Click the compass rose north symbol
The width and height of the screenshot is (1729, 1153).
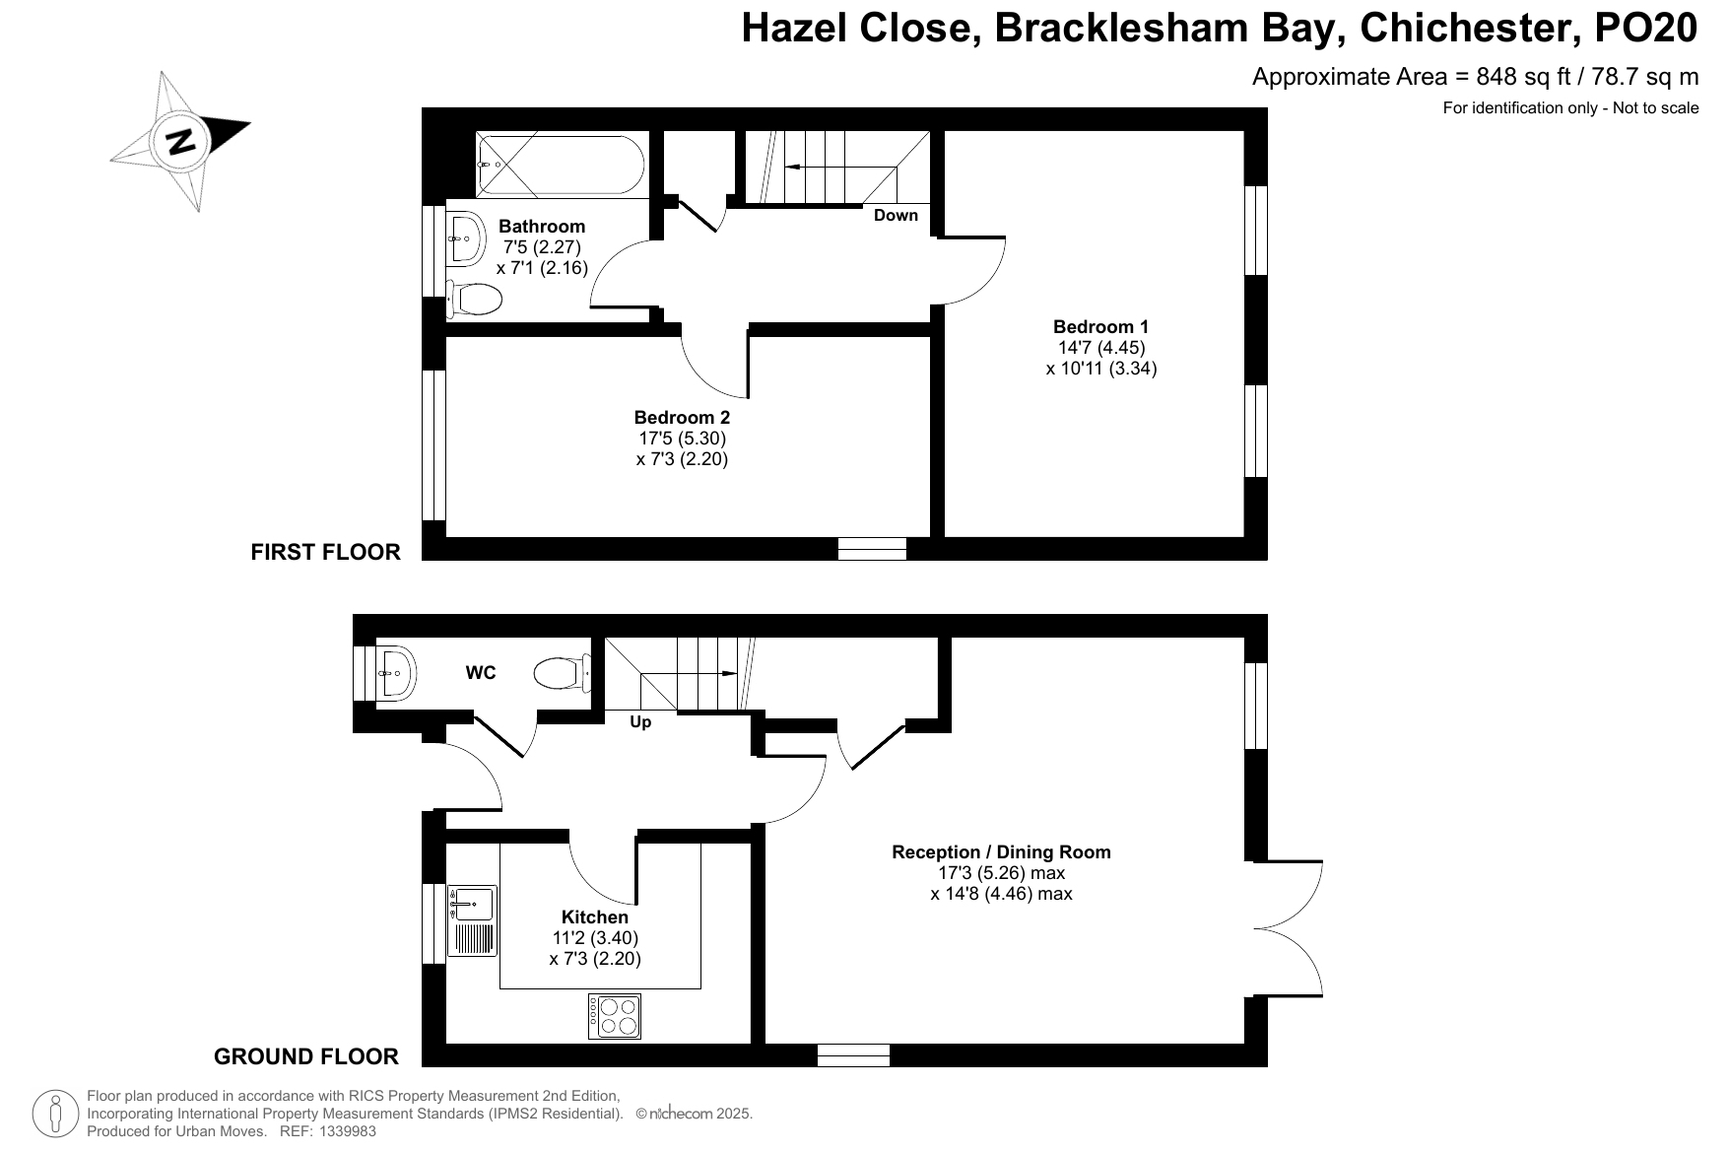pyautogui.click(x=180, y=140)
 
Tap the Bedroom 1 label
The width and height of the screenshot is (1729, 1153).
pyautogui.click(x=1100, y=327)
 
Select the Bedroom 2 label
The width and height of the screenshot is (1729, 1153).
pyautogui.click(x=682, y=418)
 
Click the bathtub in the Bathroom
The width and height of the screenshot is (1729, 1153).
pyautogui.click(x=562, y=166)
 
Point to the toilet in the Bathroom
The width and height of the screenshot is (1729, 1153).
pyautogui.click(x=474, y=299)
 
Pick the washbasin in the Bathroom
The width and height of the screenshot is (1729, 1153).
pyautogui.click(x=466, y=237)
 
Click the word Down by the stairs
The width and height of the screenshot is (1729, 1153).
pyautogui.click(x=896, y=215)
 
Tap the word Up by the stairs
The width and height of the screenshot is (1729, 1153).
pyautogui.click(x=640, y=722)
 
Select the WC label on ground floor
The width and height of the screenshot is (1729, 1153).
pyautogui.click(x=481, y=674)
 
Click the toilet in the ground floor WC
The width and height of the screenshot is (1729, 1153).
pyautogui.click(x=562, y=674)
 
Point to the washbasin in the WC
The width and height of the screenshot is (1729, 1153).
pyautogui.click(x=396, y=673)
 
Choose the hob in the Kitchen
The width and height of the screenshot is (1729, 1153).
pyautogui.click(x=615, y=1016)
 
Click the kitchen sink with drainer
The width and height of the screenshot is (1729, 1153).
pyautogui.click(x=473, y=920)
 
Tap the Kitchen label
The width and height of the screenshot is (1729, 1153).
pyautogui.click(x=595, y=917)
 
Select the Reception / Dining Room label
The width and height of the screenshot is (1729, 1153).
pyautogui.click(x=1001, y=852)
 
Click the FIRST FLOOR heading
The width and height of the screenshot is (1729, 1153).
pyautogui.click(x=326, y=552)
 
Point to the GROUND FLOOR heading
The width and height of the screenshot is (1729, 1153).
pyautogui.click(x=306, y=1057)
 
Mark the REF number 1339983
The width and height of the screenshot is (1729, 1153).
pyautogui.click(x=345, y=1131)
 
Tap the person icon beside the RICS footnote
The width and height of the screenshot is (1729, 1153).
pyautogui.click(x=57, y=1115)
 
